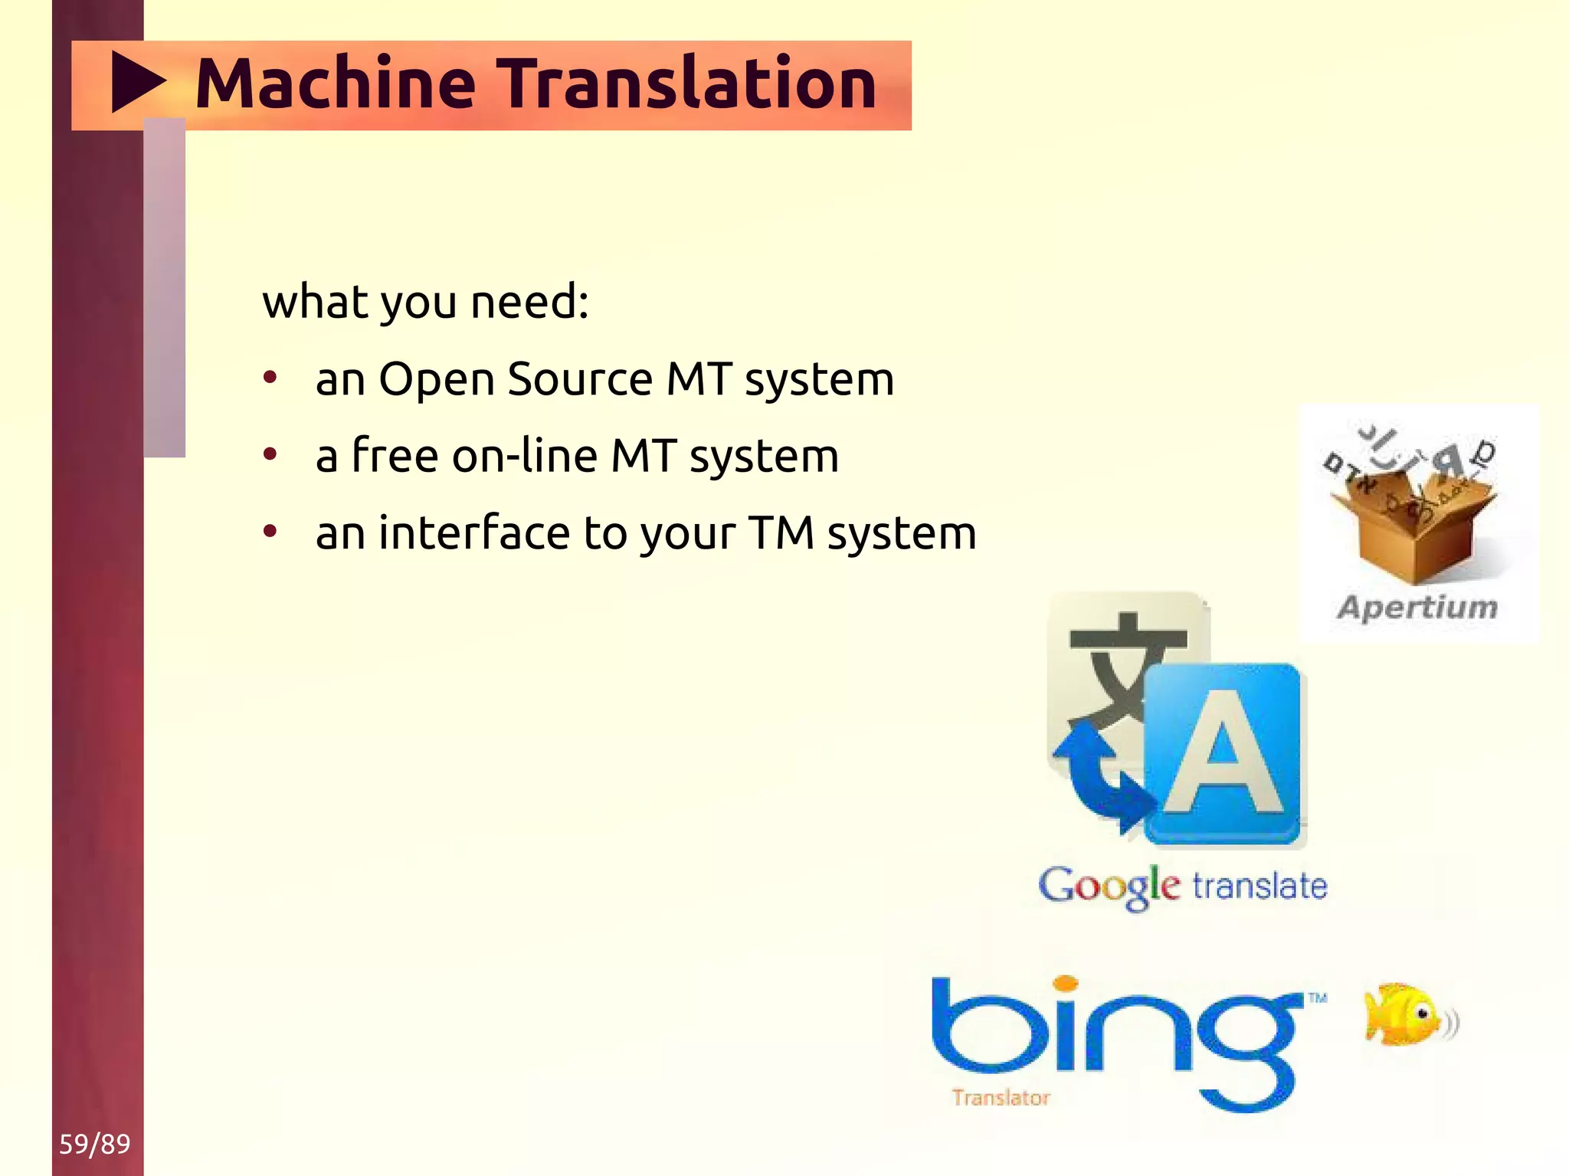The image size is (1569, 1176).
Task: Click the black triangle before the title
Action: tap(136, 82)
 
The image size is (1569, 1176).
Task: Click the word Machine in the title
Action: tap(336, 84)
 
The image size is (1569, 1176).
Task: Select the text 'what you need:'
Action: tap(425, 301)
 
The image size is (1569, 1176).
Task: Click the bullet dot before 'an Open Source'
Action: tap(270, 377)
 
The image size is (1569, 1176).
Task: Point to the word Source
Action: tap(580, 378)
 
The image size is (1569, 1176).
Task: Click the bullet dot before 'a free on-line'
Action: tap(270, 454)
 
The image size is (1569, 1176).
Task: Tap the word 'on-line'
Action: tap(526, 456)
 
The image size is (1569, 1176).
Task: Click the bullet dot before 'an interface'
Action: tap(270, 531)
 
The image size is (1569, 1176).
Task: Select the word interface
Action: tap(475, 532)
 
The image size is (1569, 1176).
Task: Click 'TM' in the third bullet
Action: tap(781, 532)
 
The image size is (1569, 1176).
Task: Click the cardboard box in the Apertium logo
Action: tap(1413, 536)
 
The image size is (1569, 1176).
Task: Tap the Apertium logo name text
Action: tap(1417, 608)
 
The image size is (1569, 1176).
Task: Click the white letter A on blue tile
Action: tap(1223, 755)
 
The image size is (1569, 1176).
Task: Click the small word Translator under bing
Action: tap(1001, 1098)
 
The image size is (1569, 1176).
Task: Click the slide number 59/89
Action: tap(95, 1144)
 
